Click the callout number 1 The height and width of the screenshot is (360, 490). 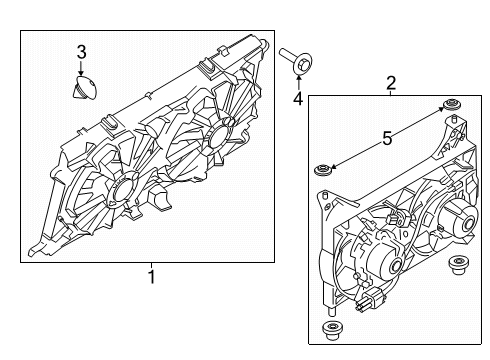pyautogui.click(x=152, y=277)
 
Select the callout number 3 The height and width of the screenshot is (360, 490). pyautogui.click(x=81, y=51)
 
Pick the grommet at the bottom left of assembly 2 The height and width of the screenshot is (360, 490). pyautogui.click(x=331, y=330)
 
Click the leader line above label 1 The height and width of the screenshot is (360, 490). pyautogui.click(x=152, y=266)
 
